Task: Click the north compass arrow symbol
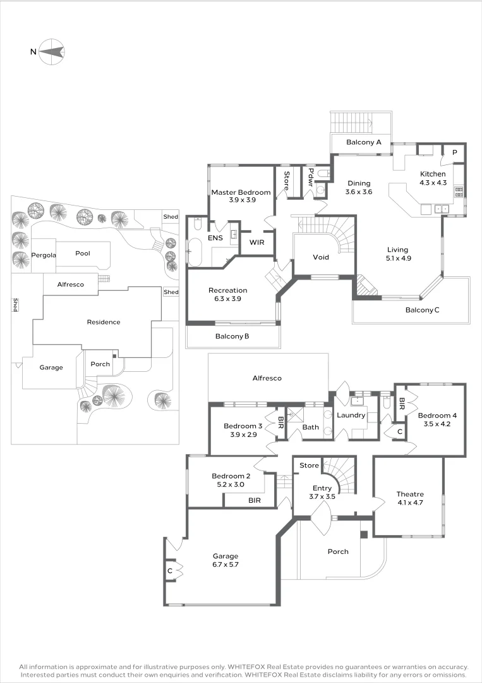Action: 51,51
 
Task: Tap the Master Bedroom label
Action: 241,192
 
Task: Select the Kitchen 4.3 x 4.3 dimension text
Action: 433,183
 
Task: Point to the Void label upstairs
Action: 321,257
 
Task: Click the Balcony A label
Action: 364,142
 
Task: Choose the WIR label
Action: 256,242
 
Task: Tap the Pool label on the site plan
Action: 83,253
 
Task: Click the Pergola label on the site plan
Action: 44,255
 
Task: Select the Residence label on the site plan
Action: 104,322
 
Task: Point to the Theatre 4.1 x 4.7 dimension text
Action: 410,502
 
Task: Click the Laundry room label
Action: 351,415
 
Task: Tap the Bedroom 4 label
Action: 437,415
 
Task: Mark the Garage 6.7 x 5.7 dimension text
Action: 226,565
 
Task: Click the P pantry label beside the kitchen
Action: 455,152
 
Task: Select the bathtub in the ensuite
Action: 194,252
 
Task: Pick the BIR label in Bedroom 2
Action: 255,500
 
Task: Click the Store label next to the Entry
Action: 310,465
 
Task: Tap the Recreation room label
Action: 228,290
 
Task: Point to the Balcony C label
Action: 423,310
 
